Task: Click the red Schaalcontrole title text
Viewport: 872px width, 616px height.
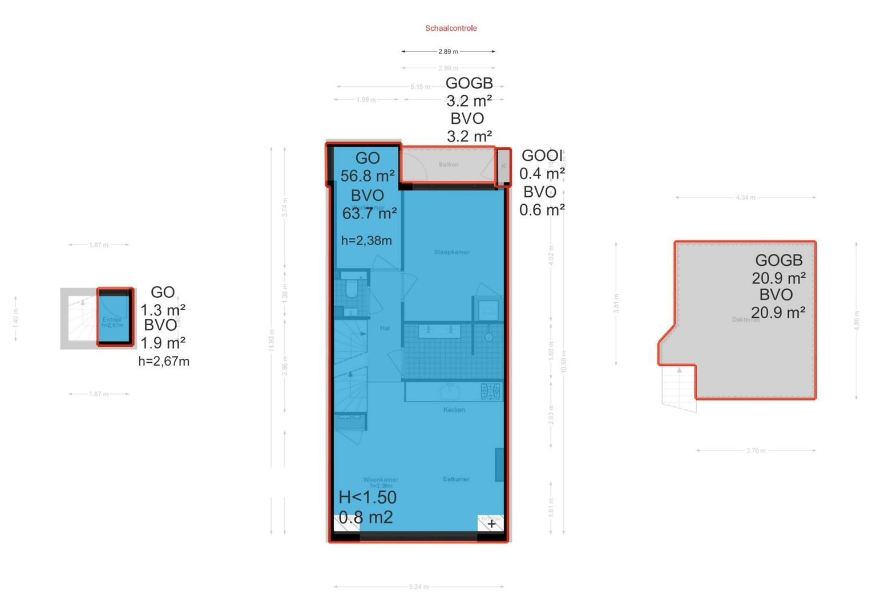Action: point(451,28)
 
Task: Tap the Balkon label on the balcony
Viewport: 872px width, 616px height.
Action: point(449,165)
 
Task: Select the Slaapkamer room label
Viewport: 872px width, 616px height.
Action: point(451,252)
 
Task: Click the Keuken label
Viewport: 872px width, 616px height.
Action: point(454,410)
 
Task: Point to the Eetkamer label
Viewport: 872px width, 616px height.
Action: point(456,479)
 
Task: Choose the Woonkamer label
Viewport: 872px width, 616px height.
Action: point(381,480)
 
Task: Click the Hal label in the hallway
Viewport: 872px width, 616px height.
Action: point(385,328)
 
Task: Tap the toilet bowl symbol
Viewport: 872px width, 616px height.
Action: point(351,290)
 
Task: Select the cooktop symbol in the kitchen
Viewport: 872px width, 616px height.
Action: point(490,391)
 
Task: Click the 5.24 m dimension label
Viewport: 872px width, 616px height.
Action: point(418,586)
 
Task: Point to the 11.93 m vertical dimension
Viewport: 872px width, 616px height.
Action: point(272,341)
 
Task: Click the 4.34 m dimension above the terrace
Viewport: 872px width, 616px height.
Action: point(745,198)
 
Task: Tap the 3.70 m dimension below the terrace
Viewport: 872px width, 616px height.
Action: point(756,451)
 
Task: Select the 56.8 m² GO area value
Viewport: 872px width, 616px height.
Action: point(368,176)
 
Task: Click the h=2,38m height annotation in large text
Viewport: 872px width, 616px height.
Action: point(366,241)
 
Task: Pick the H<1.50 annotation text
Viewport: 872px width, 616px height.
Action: point(368,497)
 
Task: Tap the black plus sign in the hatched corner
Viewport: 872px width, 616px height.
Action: point(491,523)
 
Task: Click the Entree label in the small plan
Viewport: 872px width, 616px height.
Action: point(112,320)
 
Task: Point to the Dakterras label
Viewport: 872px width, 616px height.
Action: point(745,320)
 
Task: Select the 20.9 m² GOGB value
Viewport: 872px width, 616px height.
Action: point(778,278)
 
